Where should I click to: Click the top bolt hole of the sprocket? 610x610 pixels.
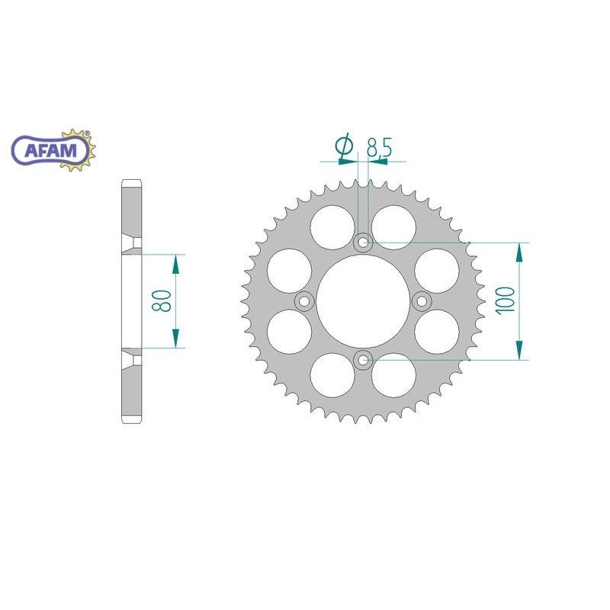tap(364, 243)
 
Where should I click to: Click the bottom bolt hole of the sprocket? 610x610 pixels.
tap(364, 360)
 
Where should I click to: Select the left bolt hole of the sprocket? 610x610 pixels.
tap(305, 302)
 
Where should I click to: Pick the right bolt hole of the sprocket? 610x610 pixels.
tap(422, 302)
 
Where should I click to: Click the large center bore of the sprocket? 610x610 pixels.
tap(364, 302)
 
